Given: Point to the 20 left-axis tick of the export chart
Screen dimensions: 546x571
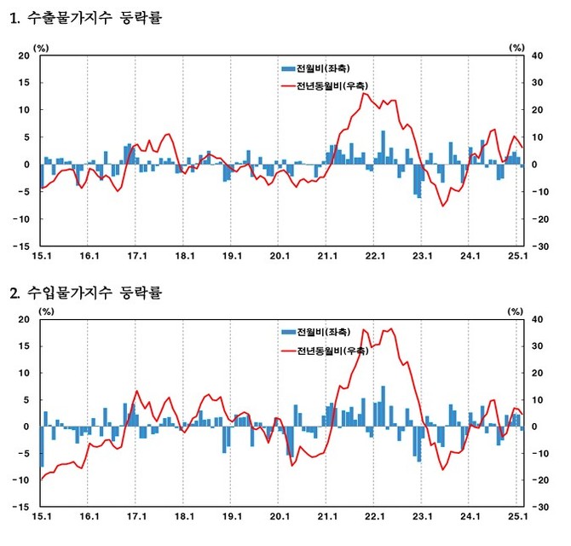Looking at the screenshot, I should point(24,55).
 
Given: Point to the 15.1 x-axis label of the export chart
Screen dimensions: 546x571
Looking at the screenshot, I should point(41,255).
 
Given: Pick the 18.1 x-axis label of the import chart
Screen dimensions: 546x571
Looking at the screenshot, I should point(184,518).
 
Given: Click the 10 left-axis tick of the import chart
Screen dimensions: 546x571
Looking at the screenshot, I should point(24,374).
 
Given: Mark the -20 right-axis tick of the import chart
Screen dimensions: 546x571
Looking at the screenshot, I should point(539,480).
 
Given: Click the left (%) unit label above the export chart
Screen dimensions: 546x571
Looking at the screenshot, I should point(41,47).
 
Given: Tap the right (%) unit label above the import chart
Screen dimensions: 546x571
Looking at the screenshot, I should point(516,311).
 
